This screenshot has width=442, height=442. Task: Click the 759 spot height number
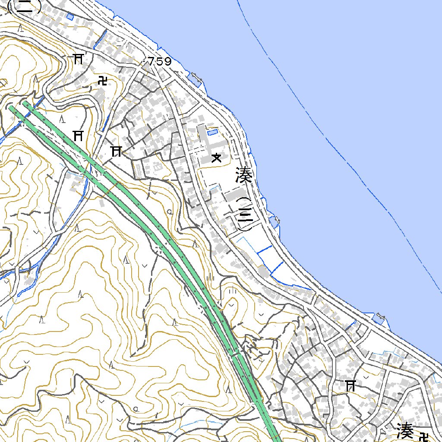coord(159,62)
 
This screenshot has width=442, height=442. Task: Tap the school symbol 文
coord(216,158)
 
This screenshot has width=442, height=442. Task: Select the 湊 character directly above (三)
coord(244,176)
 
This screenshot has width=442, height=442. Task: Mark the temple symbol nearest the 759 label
coord(103,80)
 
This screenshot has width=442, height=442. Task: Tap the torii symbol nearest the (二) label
coord(78,59)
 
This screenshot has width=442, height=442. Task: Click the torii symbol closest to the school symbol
coord(116,151)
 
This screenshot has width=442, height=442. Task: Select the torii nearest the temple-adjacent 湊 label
coord(350,385)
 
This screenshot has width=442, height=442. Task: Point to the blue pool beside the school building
coord(212,132)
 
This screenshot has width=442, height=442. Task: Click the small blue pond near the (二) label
coord(70,16)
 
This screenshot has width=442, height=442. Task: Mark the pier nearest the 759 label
coord(196,79)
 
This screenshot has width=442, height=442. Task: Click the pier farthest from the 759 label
coord(379,318)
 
